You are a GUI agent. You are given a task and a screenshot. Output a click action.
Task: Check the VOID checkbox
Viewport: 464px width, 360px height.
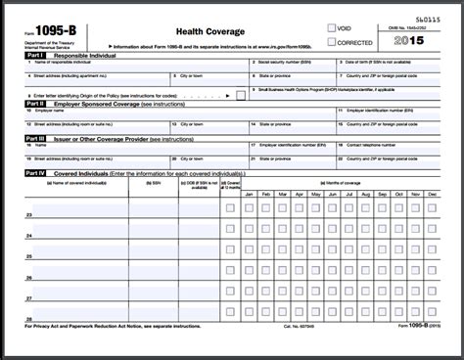coord(333,28)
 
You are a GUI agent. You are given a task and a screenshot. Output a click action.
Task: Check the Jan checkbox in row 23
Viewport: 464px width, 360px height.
coord(249,207)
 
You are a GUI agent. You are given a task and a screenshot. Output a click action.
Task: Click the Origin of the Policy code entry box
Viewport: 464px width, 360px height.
coord(241,94)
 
